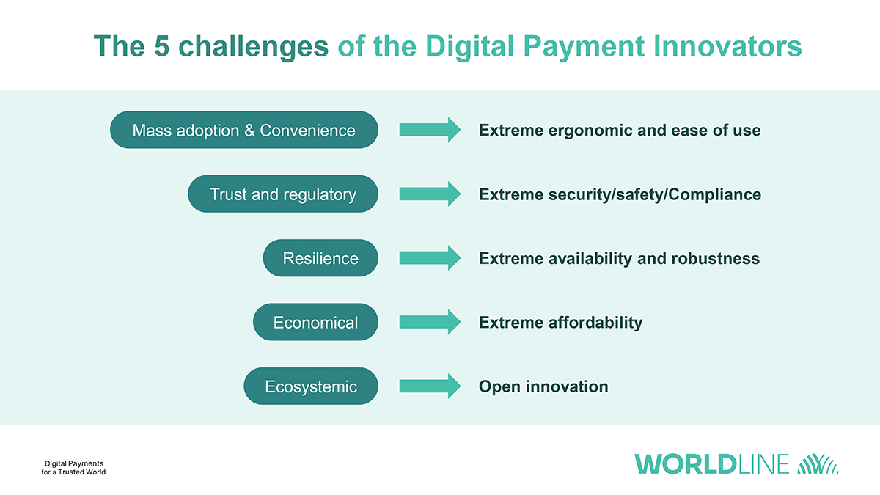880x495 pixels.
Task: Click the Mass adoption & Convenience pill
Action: pos(244,130)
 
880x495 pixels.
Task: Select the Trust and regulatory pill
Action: pos(283,194)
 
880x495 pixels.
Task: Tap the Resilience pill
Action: pos(320,257)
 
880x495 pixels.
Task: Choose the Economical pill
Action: pos(315,322)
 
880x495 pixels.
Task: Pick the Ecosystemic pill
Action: pos(311,386)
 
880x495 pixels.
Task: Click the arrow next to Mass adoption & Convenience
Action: pos(430,130)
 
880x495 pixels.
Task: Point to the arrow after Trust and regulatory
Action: pos(430,194)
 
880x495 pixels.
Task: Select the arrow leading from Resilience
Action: pos(430,257)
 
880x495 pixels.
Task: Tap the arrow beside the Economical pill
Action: pos(430,322)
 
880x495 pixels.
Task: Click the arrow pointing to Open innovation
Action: pos(430,386)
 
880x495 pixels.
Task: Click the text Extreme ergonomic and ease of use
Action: pos(620,130)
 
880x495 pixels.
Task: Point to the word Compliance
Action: pos(714,194)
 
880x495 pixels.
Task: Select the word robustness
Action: pos(716,258)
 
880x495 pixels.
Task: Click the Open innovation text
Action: pos(543,386)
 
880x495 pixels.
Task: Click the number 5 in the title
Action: pos(162,46)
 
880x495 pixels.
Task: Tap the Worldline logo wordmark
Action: pos(712,464)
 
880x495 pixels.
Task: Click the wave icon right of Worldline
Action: pos(818,464)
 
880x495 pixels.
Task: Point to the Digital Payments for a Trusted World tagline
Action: pos(73,468)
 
